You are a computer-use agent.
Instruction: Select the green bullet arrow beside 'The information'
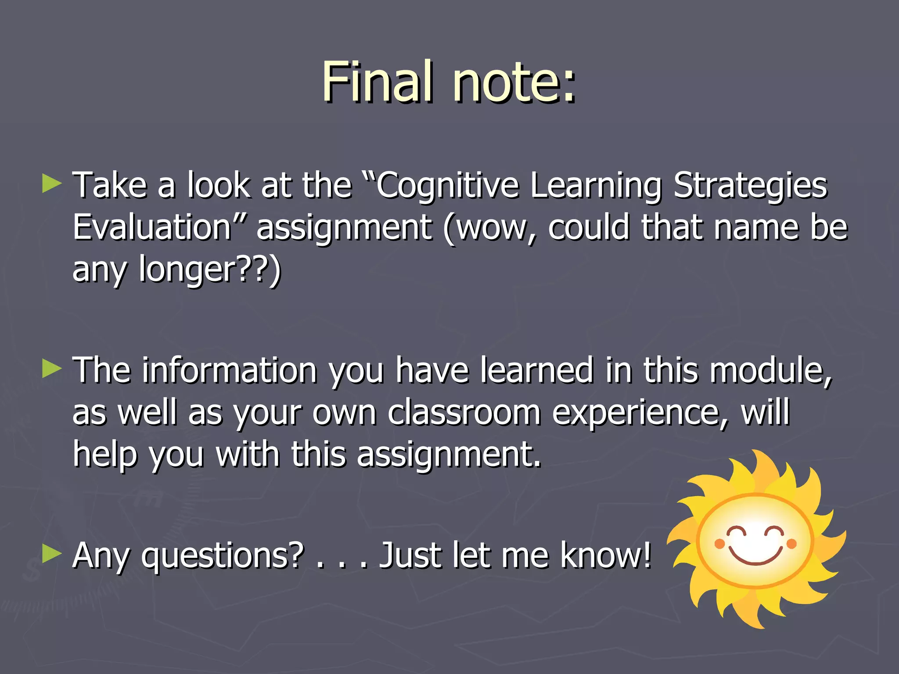(52, 369)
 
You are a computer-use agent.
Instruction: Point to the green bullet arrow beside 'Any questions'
(52, 555)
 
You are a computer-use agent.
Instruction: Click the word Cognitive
(448, 186)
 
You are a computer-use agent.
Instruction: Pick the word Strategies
(750, 186)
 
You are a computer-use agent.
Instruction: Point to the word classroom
(464, 412)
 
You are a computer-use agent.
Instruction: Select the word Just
(410, 556)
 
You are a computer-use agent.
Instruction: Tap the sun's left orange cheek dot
(719, 544)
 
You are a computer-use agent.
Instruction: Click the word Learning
(595, 186)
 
